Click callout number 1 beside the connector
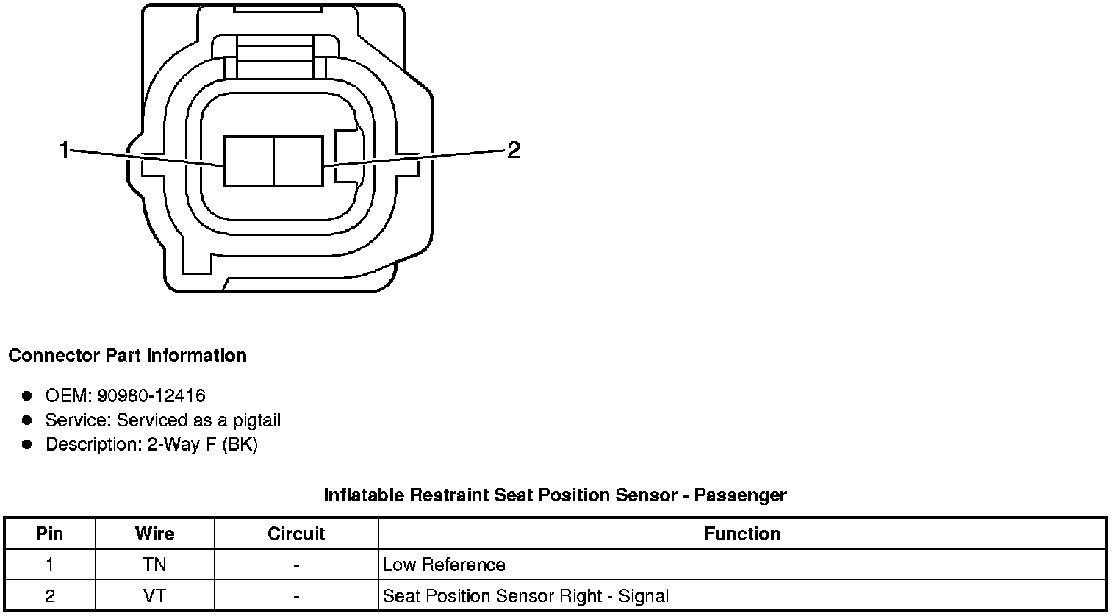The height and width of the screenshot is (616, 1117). (64, 151)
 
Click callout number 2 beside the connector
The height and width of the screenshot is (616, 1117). (514, 151)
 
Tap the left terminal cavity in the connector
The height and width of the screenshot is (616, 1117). (248, 160)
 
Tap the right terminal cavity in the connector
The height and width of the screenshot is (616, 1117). (298, 160)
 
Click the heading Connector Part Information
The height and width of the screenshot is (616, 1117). (127, 356)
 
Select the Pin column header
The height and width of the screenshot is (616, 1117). (50, 534)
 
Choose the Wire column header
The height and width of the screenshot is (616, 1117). (154, 534)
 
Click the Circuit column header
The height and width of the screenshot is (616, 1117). (296, 534)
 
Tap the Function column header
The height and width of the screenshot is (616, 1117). (742, 534)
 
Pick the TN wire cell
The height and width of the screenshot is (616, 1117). (154, 565)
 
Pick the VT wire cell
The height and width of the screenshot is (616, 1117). (154, 595)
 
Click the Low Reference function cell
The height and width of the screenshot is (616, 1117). (444, 565)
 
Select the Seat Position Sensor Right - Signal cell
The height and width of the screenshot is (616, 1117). (525, 595)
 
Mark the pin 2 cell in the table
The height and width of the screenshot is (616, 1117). (50, 595)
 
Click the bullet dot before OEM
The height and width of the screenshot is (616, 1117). (27, 396)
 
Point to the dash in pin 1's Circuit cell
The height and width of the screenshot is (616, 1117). (296, 565)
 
